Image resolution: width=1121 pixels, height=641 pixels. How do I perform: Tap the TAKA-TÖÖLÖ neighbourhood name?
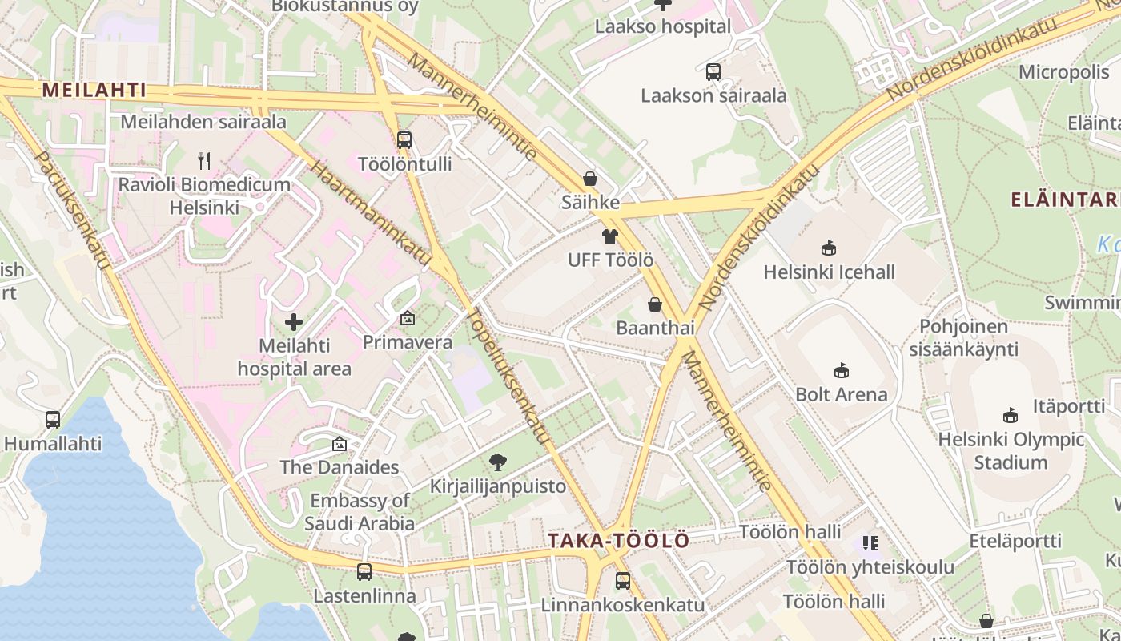click(x=618, y=540)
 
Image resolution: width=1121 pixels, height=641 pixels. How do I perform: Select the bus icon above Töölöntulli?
click(x=404, y=140)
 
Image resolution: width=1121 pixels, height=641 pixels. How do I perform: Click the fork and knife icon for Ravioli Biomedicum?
click(x=204, y=161)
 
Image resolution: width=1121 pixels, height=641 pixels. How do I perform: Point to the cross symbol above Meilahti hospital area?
click(x=294, y=322)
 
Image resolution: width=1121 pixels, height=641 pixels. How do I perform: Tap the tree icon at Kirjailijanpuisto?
click(x=497, y=462)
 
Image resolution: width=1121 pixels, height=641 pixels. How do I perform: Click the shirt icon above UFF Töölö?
click(x=610, y=236)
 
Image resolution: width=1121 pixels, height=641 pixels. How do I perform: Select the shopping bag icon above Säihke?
click(x=590, y=179)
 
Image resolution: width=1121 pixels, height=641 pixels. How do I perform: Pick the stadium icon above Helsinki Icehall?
click(x=829, y=248)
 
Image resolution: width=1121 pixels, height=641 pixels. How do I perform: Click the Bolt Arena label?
click(x=841, y=394)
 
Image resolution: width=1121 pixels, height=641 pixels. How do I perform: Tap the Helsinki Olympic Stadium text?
click(x=1011, y=451)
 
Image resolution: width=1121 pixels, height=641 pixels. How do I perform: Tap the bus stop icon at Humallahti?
click(x=53, y=419)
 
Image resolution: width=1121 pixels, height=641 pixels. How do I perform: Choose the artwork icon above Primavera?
click(x=407, y=318)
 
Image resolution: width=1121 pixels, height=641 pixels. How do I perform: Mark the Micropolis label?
click(x=1064, y=72)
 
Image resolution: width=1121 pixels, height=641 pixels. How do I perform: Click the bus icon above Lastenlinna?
click(x=364, y=572)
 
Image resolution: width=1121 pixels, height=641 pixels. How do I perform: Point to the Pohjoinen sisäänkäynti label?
click(x=963, y=338)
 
